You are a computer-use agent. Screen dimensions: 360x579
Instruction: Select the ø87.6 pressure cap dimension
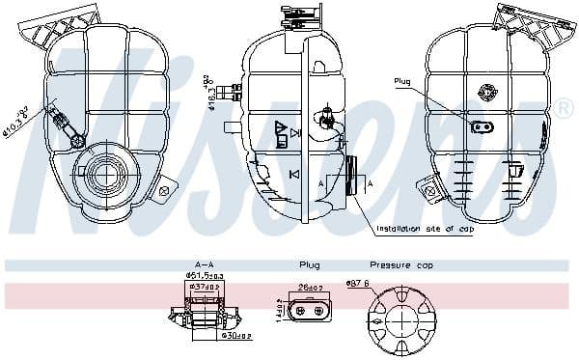[x=359, y=283]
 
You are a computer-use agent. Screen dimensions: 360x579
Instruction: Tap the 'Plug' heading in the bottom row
[x=309, y=264]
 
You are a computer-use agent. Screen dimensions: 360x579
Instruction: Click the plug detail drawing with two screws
[x=311, y=312]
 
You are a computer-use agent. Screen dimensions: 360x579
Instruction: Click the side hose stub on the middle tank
[x=232, y=126]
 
